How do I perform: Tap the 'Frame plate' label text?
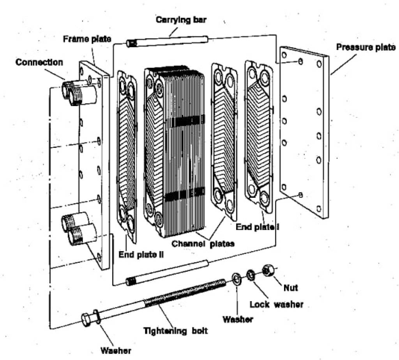[x=88, y=39]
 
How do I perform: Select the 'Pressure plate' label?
[x=366, y=48]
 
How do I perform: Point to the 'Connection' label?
[x=39, y=62]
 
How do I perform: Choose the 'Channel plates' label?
[x=203, y=243]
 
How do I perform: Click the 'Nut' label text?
[x=291, y=287]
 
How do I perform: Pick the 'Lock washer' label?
[x=277, y=304]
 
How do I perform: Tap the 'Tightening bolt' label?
[x=176, y=331]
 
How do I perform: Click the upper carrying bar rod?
[x=168, y=41]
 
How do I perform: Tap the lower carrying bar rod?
[x=168, y=272]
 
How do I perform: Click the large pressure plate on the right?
[x=304, y=133]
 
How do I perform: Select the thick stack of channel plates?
[x=175, y=152]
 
